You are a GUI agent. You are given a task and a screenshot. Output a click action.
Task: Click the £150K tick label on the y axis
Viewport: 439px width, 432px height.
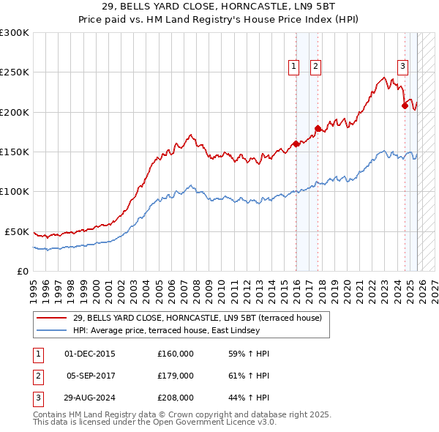click(x=14, y=152)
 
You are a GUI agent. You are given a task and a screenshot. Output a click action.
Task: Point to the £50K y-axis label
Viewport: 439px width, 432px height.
click(x=16, y=231)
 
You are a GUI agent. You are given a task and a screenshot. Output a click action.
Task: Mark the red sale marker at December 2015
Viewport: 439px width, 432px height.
click(x=296, y=144)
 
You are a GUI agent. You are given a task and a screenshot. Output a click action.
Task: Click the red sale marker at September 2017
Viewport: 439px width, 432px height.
click(x=318, y=129)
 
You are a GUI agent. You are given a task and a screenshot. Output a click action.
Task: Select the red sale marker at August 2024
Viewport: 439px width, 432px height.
click(x=405, y=105)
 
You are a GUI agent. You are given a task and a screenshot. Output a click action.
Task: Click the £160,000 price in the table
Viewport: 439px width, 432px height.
click(x=175, y=354)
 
